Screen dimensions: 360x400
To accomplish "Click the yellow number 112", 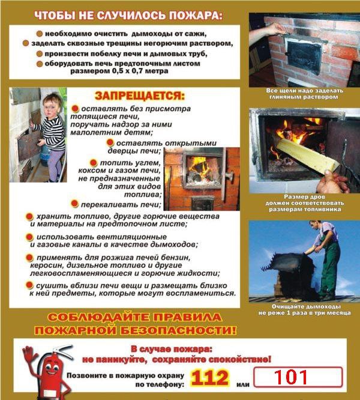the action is tap(209, 378).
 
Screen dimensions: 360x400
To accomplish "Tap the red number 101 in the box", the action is tap(291, 377).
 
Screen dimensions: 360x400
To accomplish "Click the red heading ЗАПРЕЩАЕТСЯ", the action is tap(140, 96).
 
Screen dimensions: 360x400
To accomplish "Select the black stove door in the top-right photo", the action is tap(304, 55).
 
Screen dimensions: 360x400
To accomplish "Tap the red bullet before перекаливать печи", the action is tap(74, 204).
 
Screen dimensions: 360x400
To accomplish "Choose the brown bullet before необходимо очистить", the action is tap(40, 34).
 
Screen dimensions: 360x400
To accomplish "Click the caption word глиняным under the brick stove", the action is tap(285, 97).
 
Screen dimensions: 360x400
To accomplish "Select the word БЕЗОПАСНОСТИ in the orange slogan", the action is tap(178, 330).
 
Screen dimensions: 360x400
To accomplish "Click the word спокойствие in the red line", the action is tap(239, 360).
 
